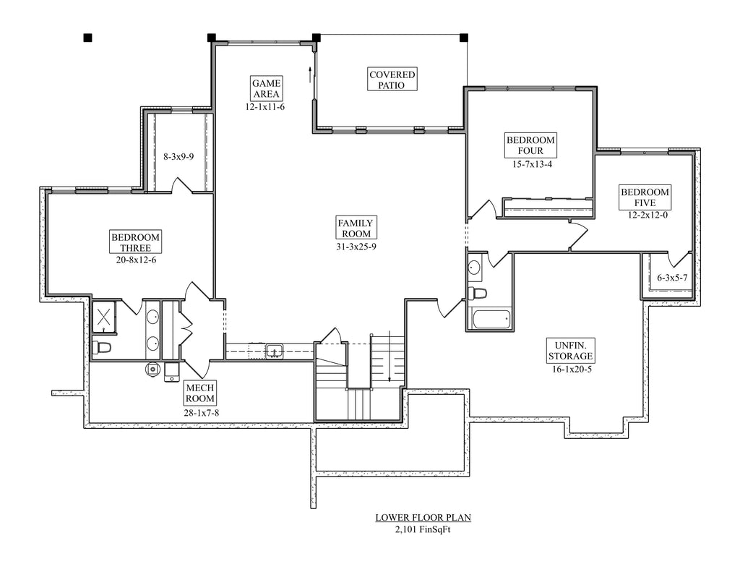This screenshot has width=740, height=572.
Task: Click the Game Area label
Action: click(267, 88)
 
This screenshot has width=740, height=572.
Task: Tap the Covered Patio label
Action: click(392, 80)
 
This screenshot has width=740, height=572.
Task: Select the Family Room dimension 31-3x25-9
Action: click(356, 246)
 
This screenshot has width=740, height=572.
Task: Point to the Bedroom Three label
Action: click(135, 242)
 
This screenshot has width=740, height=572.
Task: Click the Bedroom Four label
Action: click(530, 145)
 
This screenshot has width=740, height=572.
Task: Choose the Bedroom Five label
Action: click(645, 197)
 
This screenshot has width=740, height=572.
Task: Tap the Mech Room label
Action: click(200, 393)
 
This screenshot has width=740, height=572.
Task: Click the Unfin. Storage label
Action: click(570, 350)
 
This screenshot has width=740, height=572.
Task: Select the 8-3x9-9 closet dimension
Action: click(178, 156)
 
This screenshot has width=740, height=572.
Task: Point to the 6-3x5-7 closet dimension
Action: click(673, 278)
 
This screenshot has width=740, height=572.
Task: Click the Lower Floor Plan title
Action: click(423, 518)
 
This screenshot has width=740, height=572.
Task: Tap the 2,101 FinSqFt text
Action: click(423, 529)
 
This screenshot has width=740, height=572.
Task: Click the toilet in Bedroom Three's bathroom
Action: click(101, 347)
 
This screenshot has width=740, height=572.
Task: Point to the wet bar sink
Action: click(274, 351)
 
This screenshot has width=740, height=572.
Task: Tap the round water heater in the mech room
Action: click(152, 368)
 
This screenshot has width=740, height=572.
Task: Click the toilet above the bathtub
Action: click(477, 294)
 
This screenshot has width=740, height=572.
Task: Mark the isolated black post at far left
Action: click(87, 38)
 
